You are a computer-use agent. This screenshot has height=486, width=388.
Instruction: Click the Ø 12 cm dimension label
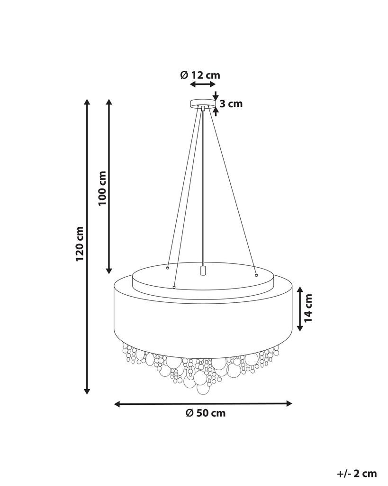pos(200,75)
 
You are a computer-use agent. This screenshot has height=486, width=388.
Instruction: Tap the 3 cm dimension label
pos(231,104)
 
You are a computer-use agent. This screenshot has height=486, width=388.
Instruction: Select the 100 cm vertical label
pos(102,188)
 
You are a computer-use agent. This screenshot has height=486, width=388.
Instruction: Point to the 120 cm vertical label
pos(80,243)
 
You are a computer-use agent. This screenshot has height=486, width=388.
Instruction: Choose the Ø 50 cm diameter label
pos(206,413)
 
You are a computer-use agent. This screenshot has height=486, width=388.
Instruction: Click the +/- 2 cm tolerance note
pos(357,473)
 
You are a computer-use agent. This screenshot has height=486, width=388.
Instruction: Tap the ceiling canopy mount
pos(203,103)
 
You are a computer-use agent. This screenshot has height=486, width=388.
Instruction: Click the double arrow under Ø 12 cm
pos(203,84)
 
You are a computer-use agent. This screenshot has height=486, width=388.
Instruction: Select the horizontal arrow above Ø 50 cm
pos(203,403)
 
